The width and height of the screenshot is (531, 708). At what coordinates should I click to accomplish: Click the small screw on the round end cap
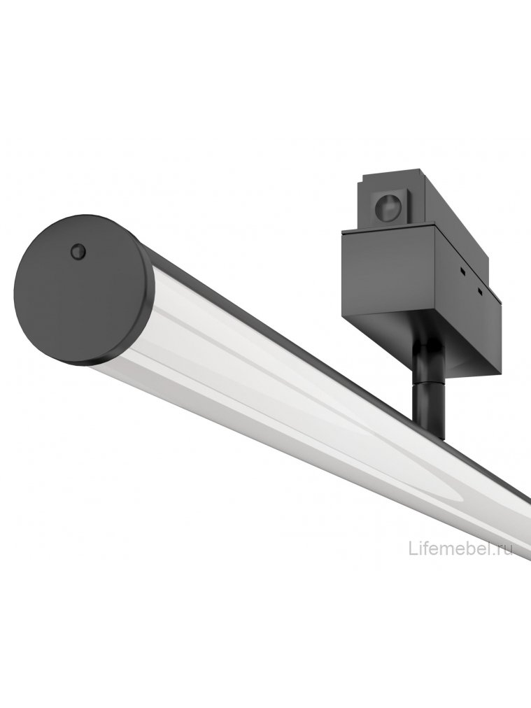coord(77,250)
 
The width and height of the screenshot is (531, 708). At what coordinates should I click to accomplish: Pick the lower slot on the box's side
coord(480,289)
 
